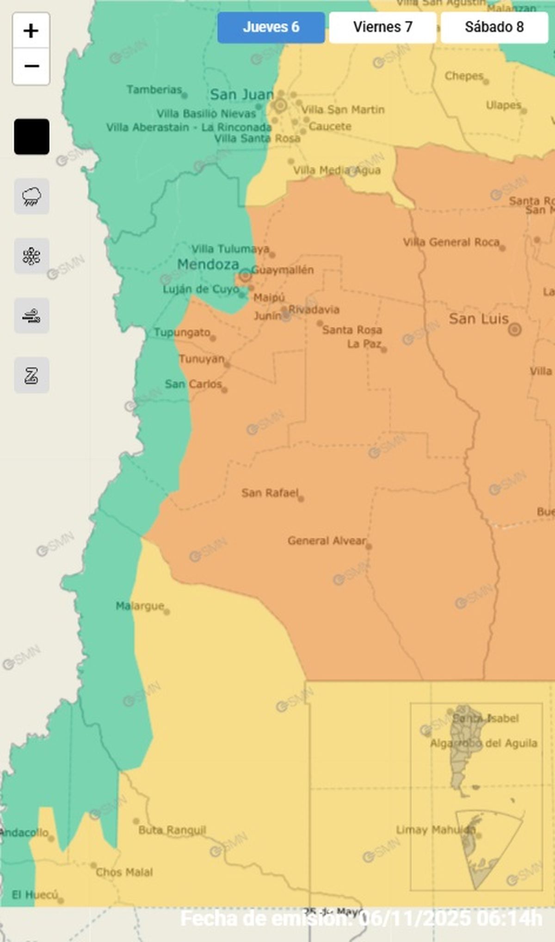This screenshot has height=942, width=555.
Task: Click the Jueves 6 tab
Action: point(271,27)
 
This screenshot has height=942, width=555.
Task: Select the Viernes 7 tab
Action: point(382,27)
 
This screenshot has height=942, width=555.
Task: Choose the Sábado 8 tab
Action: point(494,27)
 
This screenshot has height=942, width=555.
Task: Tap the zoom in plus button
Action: point(31,31)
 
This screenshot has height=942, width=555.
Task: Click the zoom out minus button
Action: point(31,66)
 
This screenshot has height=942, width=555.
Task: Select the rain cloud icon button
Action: point(31,196)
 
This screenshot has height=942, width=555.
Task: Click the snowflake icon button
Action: point(31,256)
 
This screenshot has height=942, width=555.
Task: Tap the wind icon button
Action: point(31,316)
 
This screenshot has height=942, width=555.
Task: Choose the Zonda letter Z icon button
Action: point(31,375)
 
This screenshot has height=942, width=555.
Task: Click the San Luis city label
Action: point(478,319)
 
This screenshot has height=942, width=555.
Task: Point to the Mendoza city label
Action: point(208,264)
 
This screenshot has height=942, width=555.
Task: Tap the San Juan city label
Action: point(241,94)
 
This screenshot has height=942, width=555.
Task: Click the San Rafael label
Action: point(270,493)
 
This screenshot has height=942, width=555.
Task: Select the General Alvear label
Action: point(327,540)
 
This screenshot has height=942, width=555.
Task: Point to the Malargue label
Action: point(140,606)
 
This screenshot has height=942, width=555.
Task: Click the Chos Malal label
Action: point(124,872)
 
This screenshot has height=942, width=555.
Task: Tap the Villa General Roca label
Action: point(451,242)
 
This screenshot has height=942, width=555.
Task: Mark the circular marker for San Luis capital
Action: point(514,329)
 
